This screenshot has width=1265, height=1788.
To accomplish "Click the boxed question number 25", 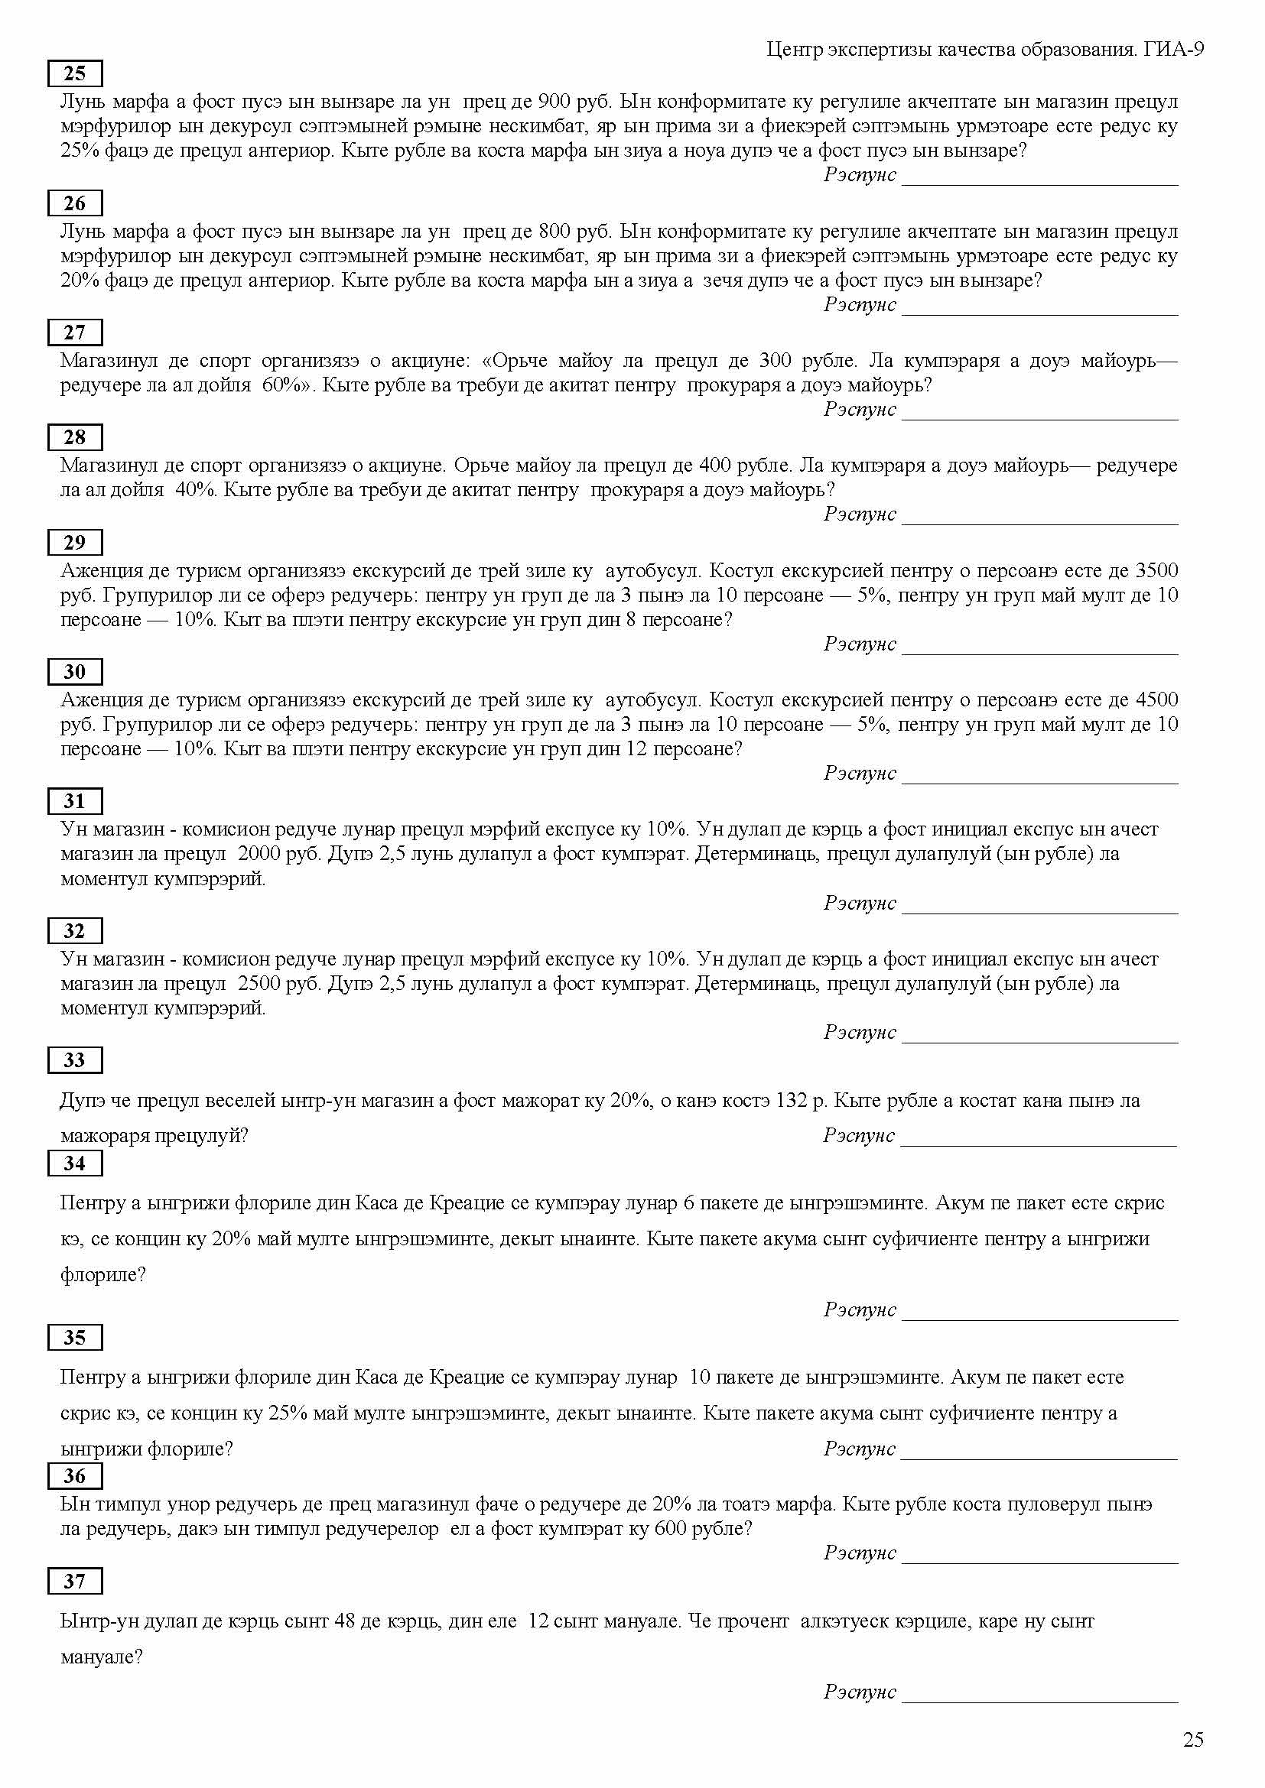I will (x=75, y=73).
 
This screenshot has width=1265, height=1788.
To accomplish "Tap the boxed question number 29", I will (x=75, y=542).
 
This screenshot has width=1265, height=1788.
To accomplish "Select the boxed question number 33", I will (x=75, y=1059).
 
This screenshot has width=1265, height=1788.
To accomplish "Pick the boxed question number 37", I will (x=75, y=1581).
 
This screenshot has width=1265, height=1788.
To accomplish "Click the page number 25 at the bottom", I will (x=1193, y=1741).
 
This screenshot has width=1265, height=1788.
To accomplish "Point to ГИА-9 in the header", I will (x=1174, y=50).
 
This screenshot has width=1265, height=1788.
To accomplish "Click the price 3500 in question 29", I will (x=1156, y=571).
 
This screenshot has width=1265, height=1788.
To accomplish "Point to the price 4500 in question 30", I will (x=1156, y=700).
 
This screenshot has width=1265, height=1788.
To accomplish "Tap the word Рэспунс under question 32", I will (x=860, y=1032).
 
